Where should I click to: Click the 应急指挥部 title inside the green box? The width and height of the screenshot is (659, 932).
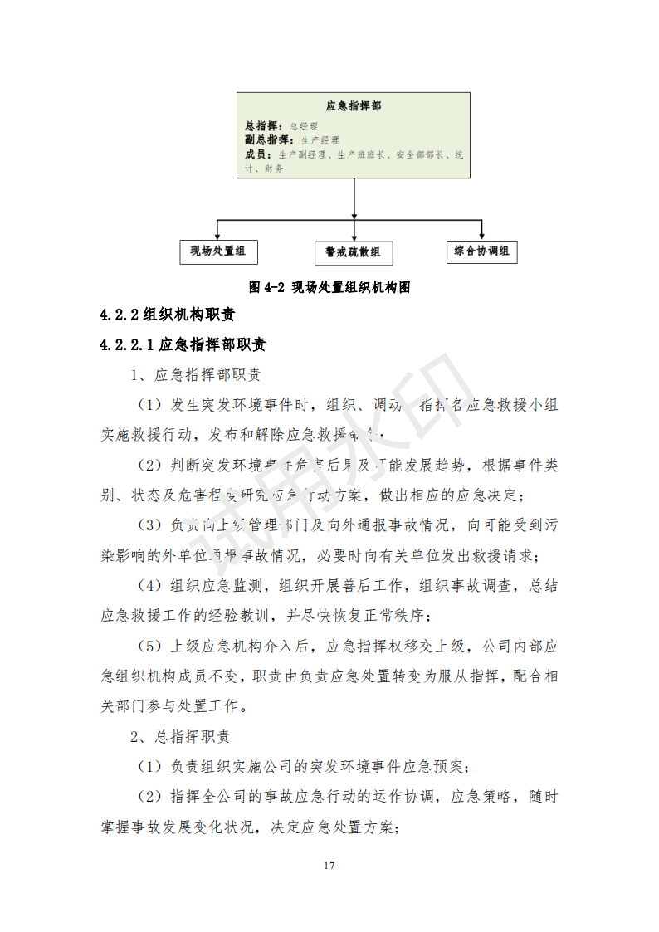click(354, 106)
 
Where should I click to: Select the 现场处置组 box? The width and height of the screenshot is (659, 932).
click(217, 251)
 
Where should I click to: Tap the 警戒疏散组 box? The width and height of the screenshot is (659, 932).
click(353, 252)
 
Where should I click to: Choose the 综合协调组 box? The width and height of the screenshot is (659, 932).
click(482, 251)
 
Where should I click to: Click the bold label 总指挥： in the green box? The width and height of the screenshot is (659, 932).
click(265, 126)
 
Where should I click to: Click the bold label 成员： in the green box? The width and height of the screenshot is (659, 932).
click(259, 154)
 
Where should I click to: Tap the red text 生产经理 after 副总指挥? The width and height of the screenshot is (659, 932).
click(320, 140)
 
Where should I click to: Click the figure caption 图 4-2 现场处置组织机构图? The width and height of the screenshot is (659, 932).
click(330, 287)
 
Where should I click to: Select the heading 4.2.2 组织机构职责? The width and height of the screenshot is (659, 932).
click(167, 315)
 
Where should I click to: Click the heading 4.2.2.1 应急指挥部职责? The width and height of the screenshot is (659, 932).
click(183, 344)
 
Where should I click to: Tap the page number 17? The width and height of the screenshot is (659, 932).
click(329, 866)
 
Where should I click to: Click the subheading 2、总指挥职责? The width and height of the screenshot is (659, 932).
click(180, 737)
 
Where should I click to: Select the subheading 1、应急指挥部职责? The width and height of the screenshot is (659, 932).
click(196, 375)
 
